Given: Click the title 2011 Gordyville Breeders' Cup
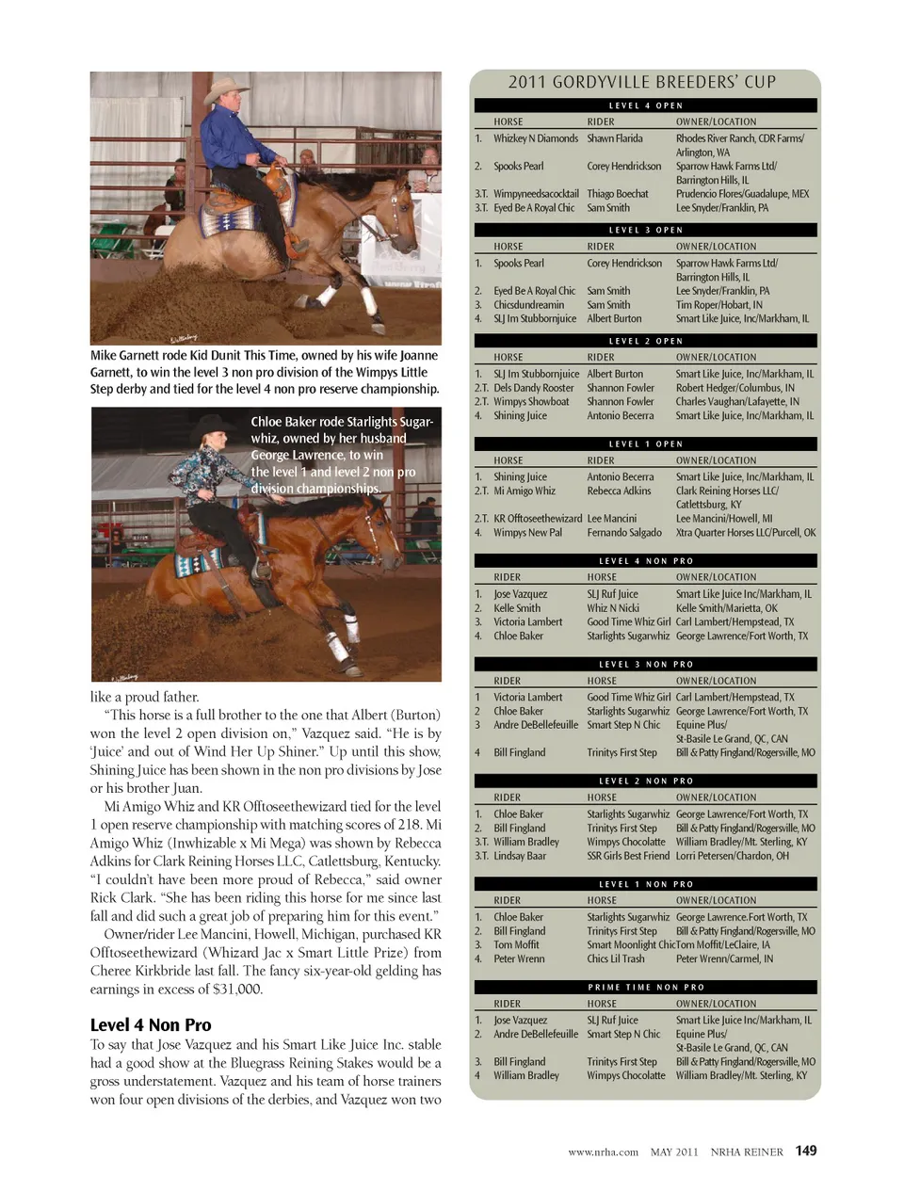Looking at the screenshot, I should [x=642, y=82].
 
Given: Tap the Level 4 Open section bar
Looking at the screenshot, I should [x=645, y=105].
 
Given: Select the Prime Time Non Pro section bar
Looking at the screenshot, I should [x=645, y=987].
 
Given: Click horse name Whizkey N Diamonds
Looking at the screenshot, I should [x=535, y=138].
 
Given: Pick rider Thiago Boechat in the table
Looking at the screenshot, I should [x=618, y=194].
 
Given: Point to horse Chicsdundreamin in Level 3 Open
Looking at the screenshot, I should [x=528, y=305].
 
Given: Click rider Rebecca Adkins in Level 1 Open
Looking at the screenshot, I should [x=619, y=491].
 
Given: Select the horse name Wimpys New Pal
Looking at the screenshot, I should [x=527, y=533].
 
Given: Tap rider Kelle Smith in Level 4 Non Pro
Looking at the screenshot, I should [x=517, y=608].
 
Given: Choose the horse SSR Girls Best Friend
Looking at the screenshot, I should [x=628, y=856].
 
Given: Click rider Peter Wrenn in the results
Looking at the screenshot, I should [x=519, y=958].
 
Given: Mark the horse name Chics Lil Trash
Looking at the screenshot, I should [x=616, y=958].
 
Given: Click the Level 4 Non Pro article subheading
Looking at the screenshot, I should [x=151, y=1024].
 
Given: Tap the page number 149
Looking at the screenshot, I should [x=806, y=1151].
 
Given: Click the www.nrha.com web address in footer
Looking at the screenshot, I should [x=603, y=1152].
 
